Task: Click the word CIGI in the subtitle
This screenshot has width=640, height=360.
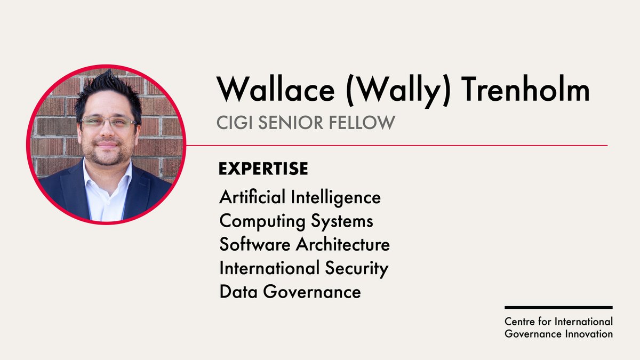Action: (234, 123)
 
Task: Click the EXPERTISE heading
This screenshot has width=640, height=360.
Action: (263, 169)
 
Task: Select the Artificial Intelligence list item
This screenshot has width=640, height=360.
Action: (300, 197)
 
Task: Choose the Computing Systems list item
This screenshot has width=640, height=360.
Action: (296, 221)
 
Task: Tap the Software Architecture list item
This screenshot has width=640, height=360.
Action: (304, 244)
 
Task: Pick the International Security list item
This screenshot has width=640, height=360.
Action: (303, 268)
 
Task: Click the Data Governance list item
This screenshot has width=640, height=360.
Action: (290, 292)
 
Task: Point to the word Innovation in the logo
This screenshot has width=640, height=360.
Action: (591, 334)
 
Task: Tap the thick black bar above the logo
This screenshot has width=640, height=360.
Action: (558, 308)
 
